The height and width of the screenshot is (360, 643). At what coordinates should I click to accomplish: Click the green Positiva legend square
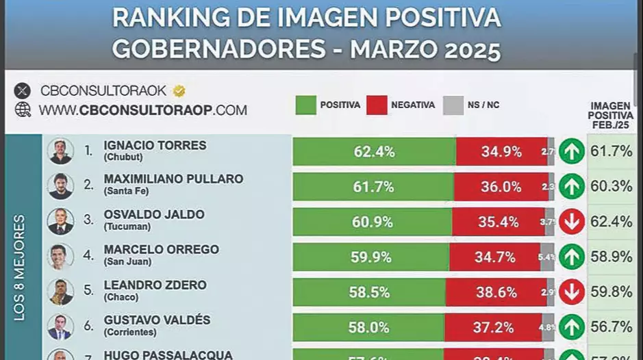pos(305,105)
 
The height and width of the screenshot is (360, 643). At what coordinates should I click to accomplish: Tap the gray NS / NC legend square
pos(453,105)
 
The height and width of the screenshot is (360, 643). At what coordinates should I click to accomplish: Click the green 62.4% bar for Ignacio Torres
pos(374,151)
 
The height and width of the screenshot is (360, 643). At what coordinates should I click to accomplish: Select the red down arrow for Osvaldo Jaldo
pos(571,222)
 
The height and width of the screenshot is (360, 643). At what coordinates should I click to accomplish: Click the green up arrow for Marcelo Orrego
pos(571,257)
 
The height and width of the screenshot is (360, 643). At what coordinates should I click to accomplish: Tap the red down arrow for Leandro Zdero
pos(571,292)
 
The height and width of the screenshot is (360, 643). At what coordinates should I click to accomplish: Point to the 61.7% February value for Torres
pos(611,151)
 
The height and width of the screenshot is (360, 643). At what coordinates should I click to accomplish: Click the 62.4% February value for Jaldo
pos(611,222)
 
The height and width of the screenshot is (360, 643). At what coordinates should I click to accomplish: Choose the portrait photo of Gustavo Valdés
pos(60,326)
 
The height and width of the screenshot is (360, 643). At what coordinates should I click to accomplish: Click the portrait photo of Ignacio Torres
pos(60,151)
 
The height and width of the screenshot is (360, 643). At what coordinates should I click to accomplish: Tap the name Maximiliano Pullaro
pos(173,179)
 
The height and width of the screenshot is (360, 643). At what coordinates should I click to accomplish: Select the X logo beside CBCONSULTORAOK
pos(23,90)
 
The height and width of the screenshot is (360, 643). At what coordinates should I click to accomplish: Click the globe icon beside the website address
pos(23,110)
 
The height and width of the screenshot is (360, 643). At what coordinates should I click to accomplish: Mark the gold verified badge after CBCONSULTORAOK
pos(179,90)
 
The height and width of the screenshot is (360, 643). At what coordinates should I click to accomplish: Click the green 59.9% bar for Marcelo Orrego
pos(370,257)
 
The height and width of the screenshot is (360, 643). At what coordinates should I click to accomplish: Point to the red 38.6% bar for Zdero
pos(496,292)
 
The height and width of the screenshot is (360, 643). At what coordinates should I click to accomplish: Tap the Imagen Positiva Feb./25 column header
pos(610,115)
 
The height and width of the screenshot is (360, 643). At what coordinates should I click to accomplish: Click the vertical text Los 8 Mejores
pos(19,267)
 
